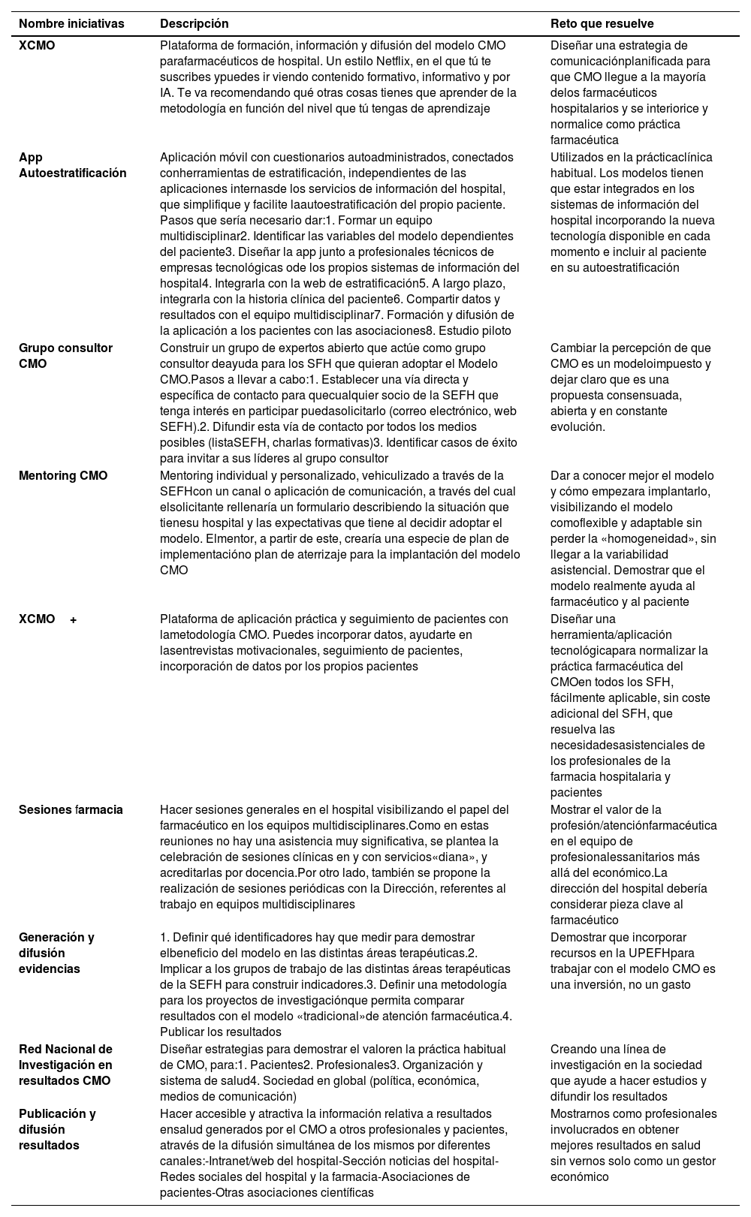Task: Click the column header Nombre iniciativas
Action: click(x=71, y=24)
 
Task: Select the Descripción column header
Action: click(x=194, y=24)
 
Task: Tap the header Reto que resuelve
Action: click(x=602, y=24)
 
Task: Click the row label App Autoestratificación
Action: click(x=72, y=165)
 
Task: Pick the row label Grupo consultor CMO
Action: click(x=65, y=356)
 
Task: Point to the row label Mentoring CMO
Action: click(x=63, y=475)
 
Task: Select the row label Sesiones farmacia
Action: click(x=71, y=809)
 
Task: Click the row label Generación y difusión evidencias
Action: click(x=56, y=953)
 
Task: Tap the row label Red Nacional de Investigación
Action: click(x=65, y=1065)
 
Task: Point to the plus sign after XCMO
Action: click(x=74, y=619)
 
